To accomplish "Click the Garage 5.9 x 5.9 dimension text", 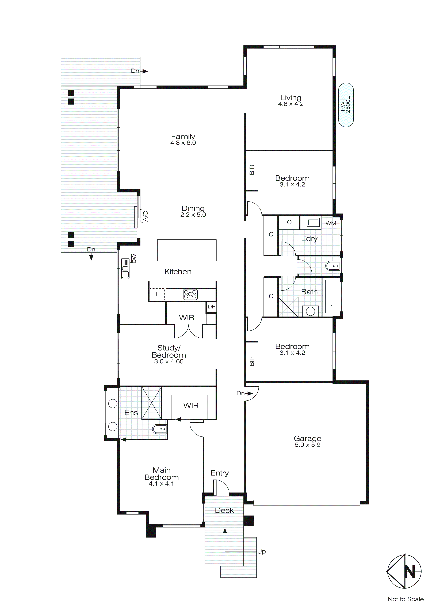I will [308, 445].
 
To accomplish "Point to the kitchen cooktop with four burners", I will [190, 294].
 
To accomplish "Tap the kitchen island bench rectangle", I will [187, 250].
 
